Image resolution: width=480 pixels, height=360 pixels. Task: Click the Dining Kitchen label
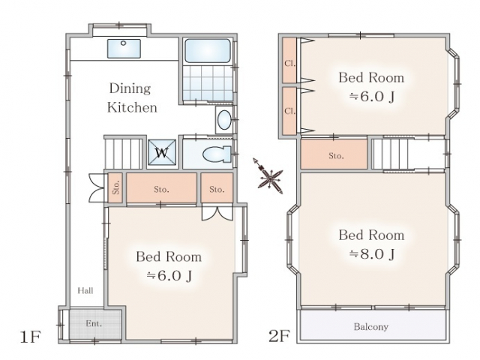click(132, 97)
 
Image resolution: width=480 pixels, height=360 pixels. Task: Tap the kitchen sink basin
click(124, 48)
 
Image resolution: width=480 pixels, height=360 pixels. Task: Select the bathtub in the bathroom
click(208, 51)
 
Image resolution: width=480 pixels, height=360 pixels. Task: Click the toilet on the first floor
click(217, 153)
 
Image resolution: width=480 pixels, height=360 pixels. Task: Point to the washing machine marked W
click(162, 152)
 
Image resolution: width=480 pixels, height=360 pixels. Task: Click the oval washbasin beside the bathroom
click(224, 120)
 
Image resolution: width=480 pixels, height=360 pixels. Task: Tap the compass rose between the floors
click(268, 177)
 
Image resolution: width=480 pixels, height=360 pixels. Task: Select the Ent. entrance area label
click(94, 323)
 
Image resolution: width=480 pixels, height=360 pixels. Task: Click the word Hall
click(85, 290)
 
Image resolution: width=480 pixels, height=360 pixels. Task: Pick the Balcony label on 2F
click(371, 327)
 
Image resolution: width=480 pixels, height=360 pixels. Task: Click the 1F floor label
click(30, 337)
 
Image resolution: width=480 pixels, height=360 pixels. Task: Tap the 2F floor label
click(279, 336)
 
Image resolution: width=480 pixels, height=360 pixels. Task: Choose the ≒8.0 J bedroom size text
click(372, 253)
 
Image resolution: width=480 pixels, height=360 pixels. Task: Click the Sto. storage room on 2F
click(334, 154)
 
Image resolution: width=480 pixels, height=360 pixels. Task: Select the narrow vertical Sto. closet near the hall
click(115, 187)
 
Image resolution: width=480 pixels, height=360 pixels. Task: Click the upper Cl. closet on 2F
click(289, 60)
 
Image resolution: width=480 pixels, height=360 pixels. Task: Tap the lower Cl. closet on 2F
click(289, 111)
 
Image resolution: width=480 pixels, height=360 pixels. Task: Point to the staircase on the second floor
click(390, 154)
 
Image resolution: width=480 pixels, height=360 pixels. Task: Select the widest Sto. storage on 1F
click(162, 188)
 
